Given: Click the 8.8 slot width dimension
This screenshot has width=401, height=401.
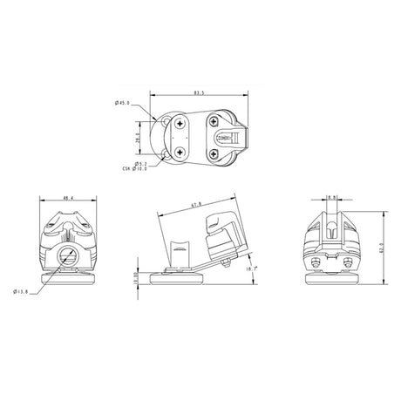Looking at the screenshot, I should (x=332, y=198).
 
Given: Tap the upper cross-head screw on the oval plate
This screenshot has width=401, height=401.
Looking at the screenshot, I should (x=180, y=124).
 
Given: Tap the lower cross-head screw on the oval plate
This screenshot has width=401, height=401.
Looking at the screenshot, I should (x=180, y=152).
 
